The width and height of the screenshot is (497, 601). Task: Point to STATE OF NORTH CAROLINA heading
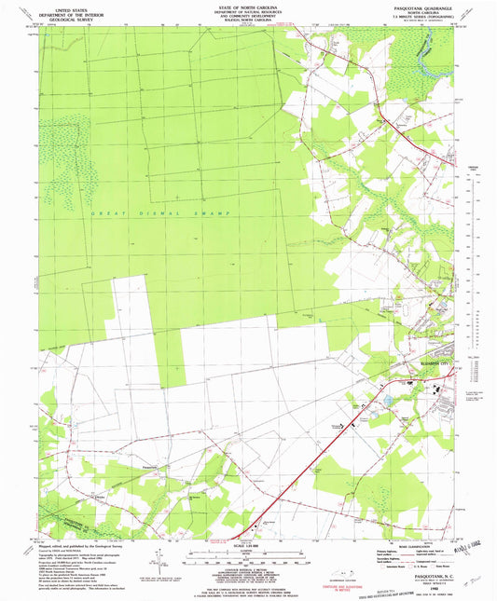click(x=248, y=5)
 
